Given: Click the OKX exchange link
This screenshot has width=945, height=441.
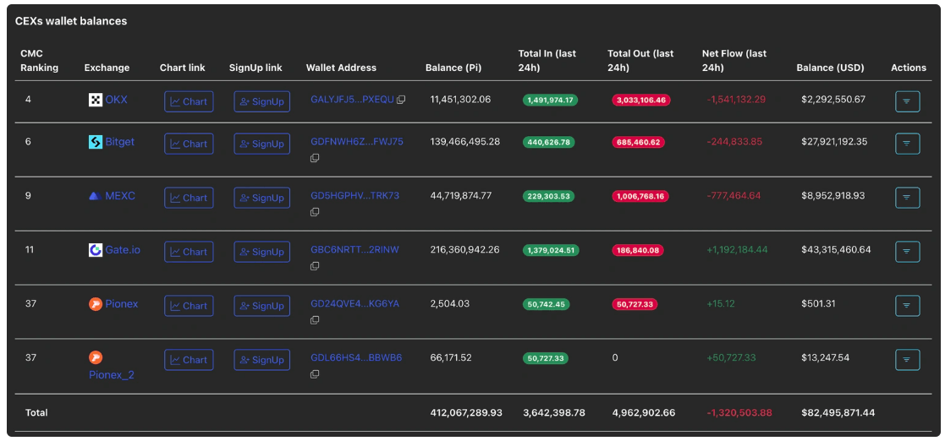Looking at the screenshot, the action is (x=116, y=100).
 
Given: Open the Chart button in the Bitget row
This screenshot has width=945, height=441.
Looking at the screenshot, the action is (x=189, y=144).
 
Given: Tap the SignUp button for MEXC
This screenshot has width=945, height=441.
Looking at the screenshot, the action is (x=262, y=198).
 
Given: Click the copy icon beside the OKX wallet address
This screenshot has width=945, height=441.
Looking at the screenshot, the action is (x=401, y=100).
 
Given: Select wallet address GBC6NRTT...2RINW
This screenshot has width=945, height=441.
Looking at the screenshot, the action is (x=355, y=250).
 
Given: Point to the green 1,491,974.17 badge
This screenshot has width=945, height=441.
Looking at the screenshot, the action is (x=550, y=100).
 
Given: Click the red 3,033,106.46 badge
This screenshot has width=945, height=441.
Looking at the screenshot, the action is (x=641, y=100).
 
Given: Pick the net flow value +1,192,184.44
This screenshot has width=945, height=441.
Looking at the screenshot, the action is (x=737, y=249).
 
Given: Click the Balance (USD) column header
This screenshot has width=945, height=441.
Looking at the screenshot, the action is (x=830, y=68).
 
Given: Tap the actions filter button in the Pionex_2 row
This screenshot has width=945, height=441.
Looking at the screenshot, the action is (x=908, y=360).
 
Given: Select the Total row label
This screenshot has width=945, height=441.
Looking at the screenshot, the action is (x=36, y=413).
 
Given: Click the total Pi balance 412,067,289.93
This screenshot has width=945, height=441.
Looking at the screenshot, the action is (x=466, y=413).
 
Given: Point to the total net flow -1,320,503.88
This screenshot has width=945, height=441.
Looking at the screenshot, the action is (x=739, y=413).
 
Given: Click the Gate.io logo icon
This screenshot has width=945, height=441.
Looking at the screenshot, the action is (x=96, y=250).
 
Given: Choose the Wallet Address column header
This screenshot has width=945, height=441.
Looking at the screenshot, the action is (x=341, y=68).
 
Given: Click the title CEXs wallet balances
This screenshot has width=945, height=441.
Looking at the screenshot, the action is (x=71, y=21).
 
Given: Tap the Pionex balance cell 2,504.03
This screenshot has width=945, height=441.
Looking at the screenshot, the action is (x=449, y=304).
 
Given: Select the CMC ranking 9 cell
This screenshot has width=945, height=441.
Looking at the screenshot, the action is (x=28, y=195).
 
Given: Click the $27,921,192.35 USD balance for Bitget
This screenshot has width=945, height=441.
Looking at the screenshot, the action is (x=833, y=142).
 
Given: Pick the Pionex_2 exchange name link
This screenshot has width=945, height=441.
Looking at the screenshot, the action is (x=112, y=375).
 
